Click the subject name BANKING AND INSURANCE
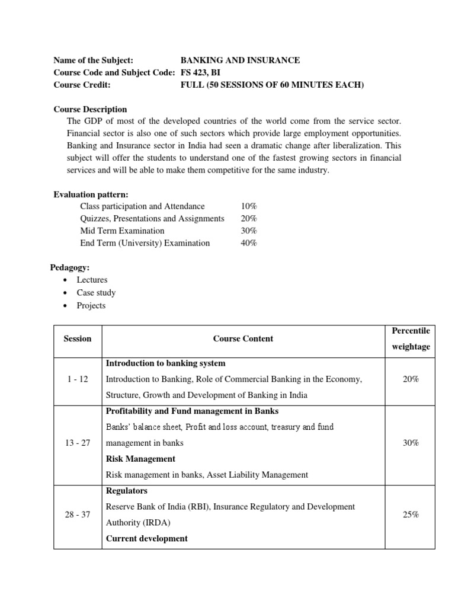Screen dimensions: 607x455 click(240, 60)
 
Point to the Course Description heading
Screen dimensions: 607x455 click(90, 109)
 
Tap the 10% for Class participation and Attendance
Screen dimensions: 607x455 click(249, 206)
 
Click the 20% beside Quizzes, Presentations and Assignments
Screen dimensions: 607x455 click(249, 219)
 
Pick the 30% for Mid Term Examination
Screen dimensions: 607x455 click(249, 231)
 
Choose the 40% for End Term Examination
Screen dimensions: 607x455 click(249, 243)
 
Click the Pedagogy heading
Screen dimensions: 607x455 click(69, 268)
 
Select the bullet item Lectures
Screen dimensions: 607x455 click(92, 280)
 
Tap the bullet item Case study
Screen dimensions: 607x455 click(96, 293)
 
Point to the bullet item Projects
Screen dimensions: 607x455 click(91, 305)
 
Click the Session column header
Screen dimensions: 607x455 click(78, 338)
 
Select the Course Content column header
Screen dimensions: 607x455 click(243, 338)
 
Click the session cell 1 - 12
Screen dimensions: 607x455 click(78, 379)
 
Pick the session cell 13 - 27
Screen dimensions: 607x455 click(78, 443)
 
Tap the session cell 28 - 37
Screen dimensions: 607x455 click(78, 515)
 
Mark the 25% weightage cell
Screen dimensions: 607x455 click(411, 515)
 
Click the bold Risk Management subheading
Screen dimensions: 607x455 click(140, 459)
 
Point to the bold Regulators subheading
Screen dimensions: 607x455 click(126, 491)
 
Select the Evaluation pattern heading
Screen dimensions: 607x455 click(91, 194)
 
